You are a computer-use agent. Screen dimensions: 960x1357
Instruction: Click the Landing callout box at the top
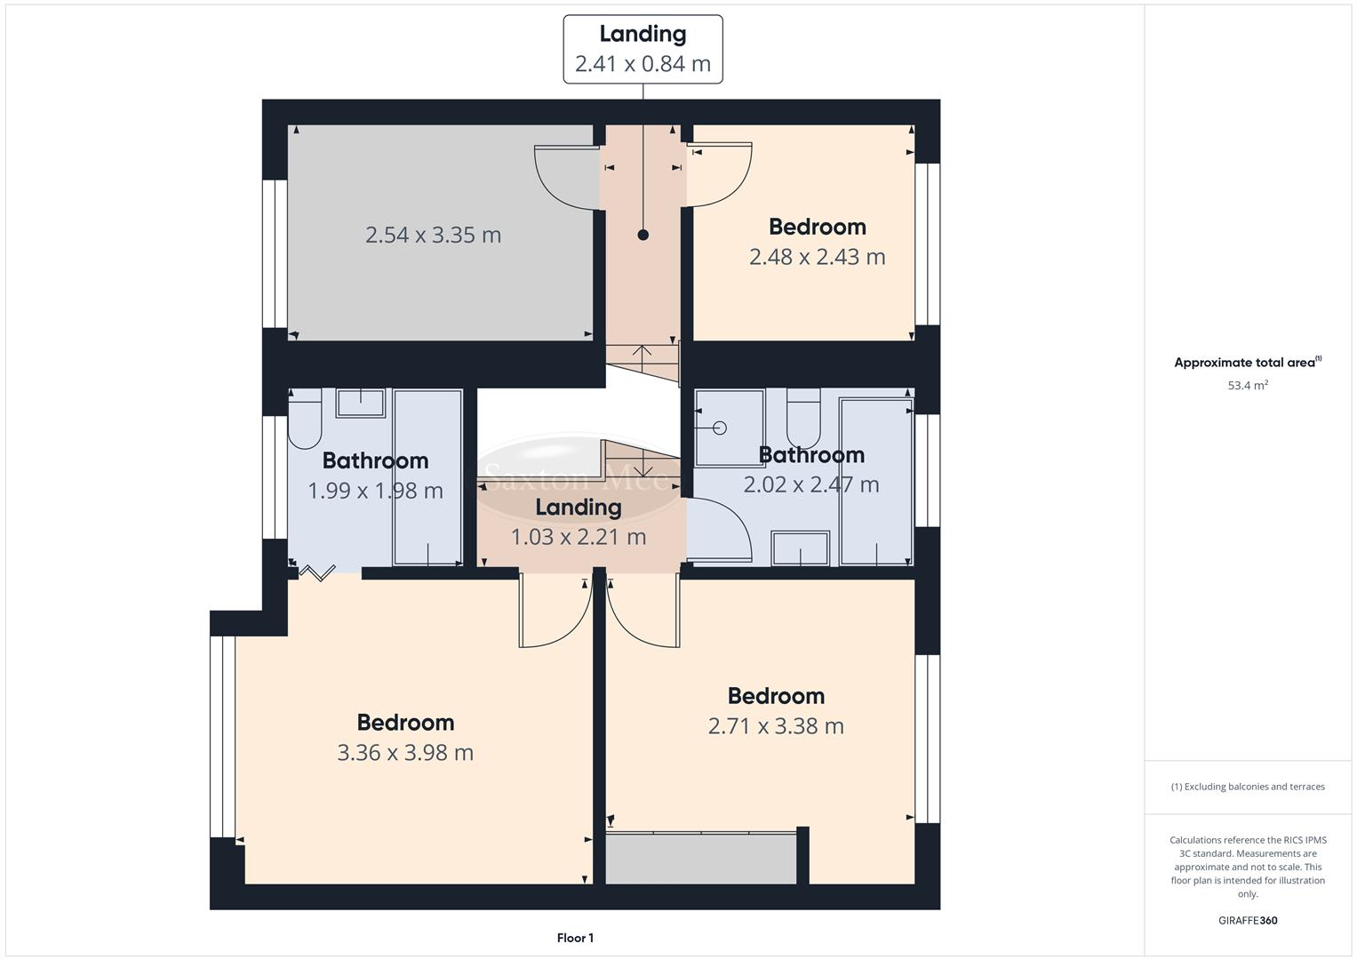[x=643, y=50]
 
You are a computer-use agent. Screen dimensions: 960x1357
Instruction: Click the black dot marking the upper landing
[x=643, y=235]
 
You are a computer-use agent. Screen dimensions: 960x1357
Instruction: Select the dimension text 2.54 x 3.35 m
[x=433, y=235]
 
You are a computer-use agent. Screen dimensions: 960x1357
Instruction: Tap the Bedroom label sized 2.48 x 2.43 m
[x=817, y=227]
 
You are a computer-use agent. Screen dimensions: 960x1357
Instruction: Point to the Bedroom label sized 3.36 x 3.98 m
[x=405, y=723]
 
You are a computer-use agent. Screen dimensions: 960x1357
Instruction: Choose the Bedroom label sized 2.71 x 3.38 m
[x=776, y=696]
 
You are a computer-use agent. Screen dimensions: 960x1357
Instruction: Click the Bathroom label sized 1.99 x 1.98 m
[x=375, y=460]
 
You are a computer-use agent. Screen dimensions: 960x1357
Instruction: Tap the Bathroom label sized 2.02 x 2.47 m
[x=811, y=455]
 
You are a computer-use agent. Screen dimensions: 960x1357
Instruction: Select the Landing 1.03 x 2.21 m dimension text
[x=578, y=537]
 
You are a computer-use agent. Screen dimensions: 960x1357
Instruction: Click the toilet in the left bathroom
[x=304, y=421]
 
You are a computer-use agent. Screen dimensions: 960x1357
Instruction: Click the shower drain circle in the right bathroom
[x=720, y=428]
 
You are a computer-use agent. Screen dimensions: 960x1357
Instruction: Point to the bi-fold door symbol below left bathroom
[x=316, y=572]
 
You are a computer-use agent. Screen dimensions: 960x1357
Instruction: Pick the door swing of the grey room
[x=565, y=178]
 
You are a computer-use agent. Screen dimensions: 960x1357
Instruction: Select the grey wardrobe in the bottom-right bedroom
[x=701, y=859]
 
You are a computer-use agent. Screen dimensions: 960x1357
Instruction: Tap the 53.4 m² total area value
[x=1248, y=386]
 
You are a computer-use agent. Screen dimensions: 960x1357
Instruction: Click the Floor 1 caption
[x=575, y=938]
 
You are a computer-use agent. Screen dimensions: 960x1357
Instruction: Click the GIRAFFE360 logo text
[x=1248, y=921]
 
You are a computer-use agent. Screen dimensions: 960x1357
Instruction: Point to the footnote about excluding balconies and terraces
[x=1248, y=787]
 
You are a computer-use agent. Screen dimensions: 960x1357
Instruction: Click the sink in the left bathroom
[x=360, y=404]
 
